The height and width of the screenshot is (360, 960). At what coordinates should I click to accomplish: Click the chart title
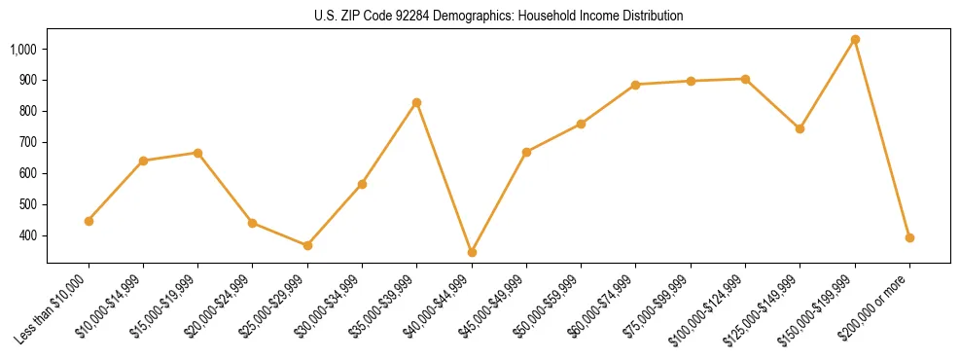tap(498, 16)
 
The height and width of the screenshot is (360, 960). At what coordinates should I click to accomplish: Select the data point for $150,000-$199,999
tap(855, 40)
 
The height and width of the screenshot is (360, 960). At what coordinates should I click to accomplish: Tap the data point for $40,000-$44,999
tap(472, 252)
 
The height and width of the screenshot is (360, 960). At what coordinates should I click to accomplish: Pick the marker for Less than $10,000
tap(89, 221)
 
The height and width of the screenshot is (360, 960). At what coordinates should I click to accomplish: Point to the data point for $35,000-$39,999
tap(417, 102)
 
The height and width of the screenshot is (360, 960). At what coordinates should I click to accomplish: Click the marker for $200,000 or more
tap(909, 237)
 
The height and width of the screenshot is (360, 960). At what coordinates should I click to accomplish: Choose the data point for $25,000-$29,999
tap(307, 245)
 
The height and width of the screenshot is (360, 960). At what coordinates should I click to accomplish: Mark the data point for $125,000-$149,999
tap(800, 128)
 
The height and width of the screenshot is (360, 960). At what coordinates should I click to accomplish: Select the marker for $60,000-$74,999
tap(636, 85)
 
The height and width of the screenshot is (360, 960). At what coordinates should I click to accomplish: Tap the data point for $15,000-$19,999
tap(198, 153)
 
